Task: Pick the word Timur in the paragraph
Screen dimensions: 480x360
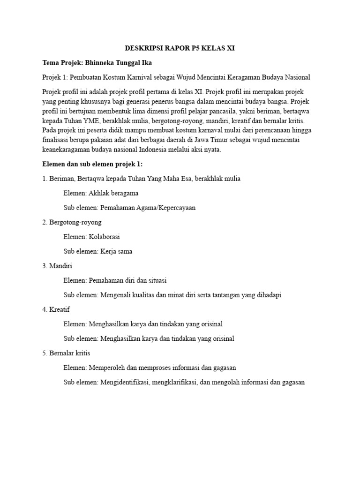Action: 236,140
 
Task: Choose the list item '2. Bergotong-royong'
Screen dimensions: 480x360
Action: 72,222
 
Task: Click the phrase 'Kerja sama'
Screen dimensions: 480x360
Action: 116,251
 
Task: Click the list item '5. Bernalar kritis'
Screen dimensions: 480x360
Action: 66,353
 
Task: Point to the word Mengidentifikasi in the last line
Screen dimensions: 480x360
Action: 124,382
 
